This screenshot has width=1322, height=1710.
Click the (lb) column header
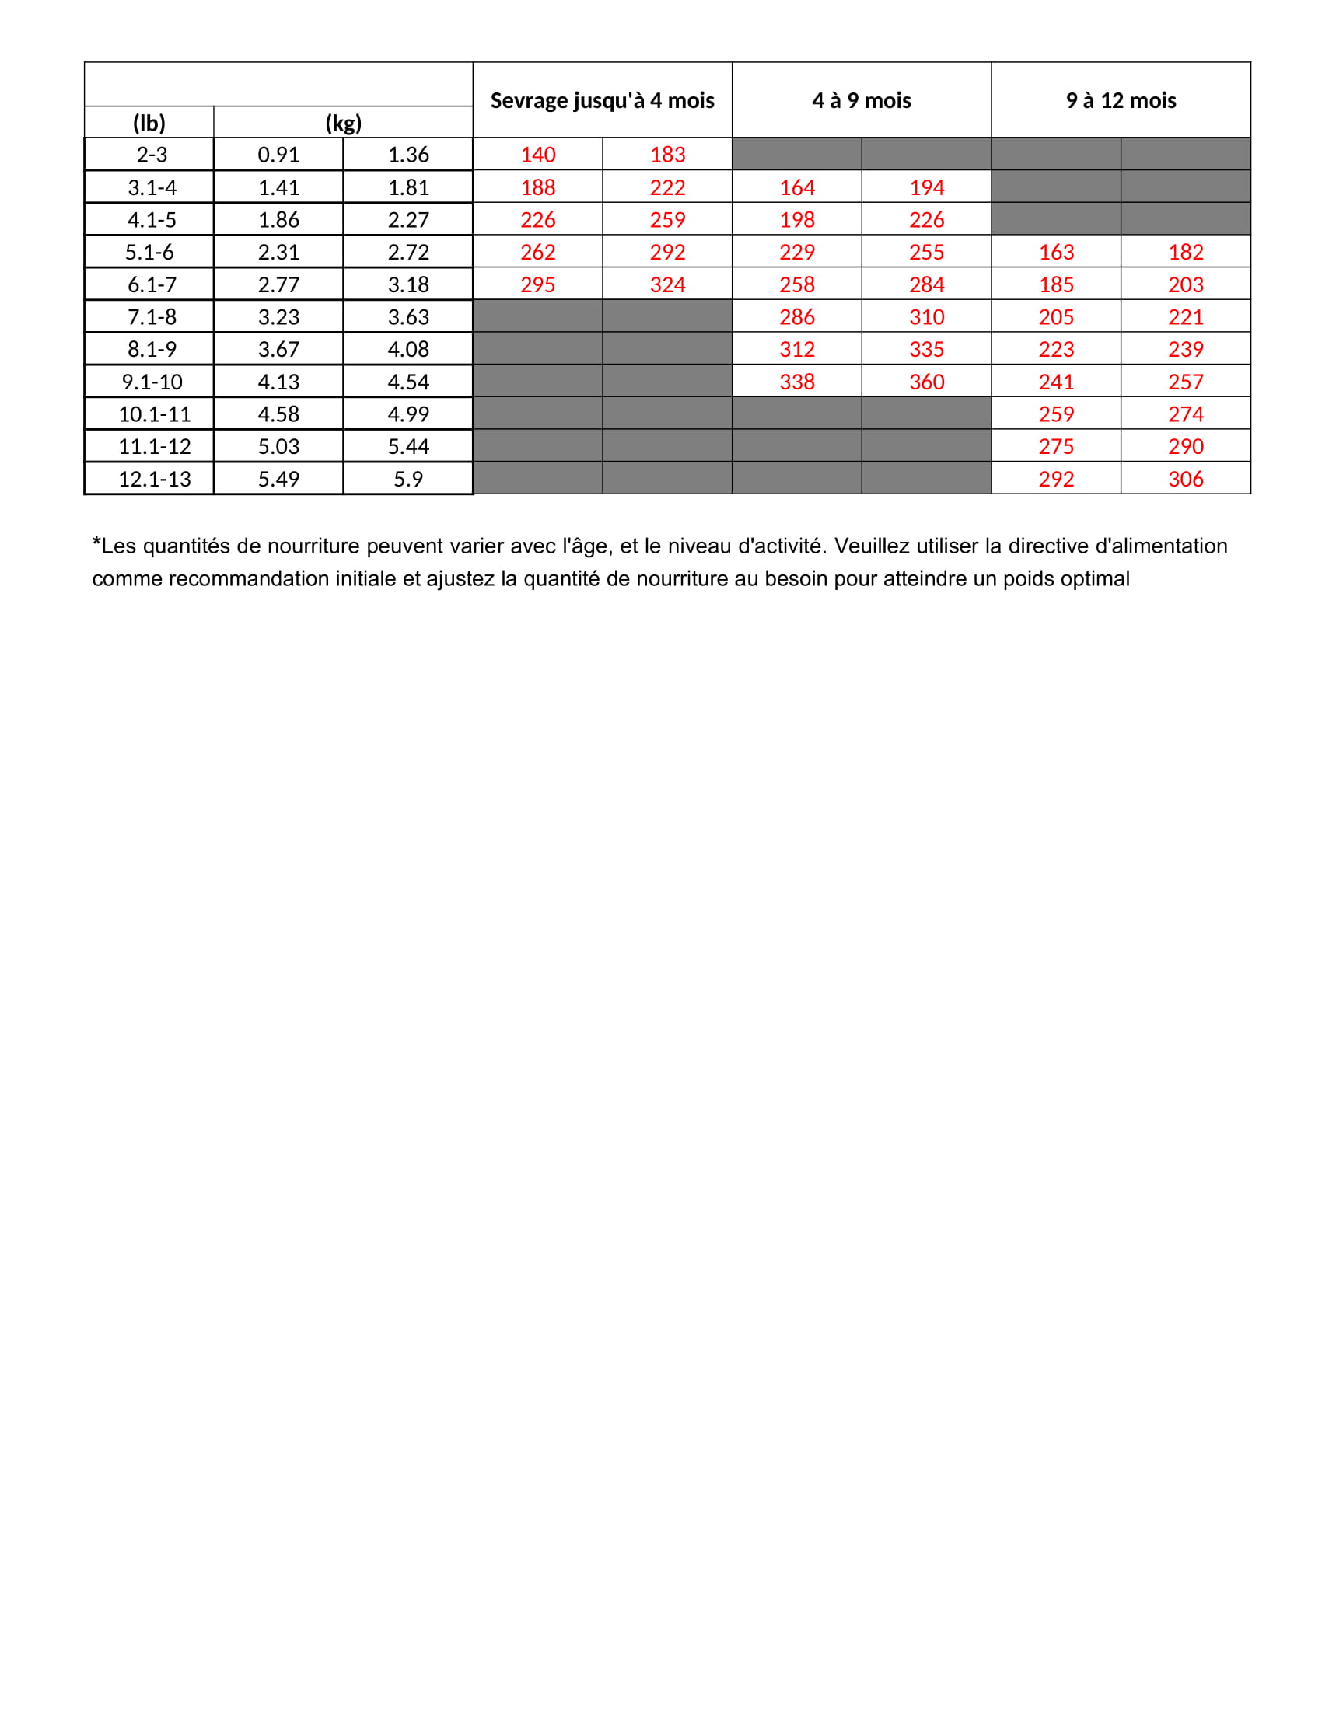(x=149, y=123)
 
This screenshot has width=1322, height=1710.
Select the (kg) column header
(x=343, y=123)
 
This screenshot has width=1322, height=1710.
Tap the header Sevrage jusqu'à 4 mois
(x=602, y=100)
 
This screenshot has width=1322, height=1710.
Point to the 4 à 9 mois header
(x=862, y=100)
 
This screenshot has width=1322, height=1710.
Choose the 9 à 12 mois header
(x=1121, y=100)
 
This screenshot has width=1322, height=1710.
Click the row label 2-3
(x=152, y=154)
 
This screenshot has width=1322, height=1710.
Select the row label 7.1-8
(x=152, y=317)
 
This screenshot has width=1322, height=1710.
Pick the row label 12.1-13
(x=154, y=478)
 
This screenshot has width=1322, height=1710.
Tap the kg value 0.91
(x=279, y=154)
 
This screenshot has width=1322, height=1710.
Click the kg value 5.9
(x=408, y=478)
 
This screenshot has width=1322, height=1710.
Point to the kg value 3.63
(x=408, y=317)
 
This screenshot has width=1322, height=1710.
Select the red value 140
(x=538, y=154)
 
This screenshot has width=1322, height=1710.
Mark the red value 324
(x=667, y=285)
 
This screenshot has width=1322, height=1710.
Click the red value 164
(x=797, y=188)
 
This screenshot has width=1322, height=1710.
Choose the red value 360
(x=926, y=382)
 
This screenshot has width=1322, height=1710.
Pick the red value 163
(x=1056, y=252)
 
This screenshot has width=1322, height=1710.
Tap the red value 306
(x=1186, y=478)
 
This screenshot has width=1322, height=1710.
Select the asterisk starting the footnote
(x=96, y=542)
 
